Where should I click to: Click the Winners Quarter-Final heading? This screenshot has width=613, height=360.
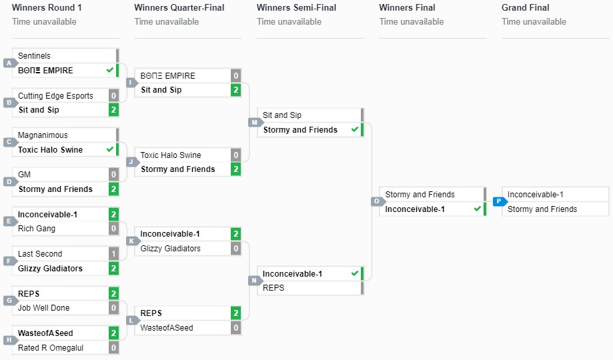(179, 8)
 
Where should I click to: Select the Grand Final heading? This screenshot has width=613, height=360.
(525, 8)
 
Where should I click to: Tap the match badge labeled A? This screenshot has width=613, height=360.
(9, 63)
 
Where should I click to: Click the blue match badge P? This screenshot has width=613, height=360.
(498, 201)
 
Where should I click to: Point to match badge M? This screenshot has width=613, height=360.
(254, 122)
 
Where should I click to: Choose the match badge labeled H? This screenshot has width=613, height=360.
(9, 340)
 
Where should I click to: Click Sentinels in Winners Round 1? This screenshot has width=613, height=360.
(34, 56)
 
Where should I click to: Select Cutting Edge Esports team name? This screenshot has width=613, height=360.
(55, 96)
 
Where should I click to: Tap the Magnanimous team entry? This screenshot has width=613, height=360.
(43, 135)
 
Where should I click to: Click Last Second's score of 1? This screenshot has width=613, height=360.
(114, 254)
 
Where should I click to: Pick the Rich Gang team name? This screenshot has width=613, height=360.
(37, 229)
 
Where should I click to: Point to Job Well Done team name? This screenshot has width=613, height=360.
(44, 308)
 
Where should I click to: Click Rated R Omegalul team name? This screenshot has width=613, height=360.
(51, 348)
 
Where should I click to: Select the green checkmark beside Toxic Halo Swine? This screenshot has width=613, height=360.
(110, 149)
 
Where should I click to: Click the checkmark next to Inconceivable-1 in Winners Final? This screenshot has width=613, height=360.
(477, 209)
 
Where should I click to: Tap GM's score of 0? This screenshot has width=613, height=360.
(114, 175)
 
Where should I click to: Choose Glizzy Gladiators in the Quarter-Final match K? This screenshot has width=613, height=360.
(170, 249)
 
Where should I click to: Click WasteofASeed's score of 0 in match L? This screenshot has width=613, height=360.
(236, 328)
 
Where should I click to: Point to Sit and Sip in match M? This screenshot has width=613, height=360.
(282, 115)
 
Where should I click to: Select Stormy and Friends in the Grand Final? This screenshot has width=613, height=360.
(542, 209)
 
